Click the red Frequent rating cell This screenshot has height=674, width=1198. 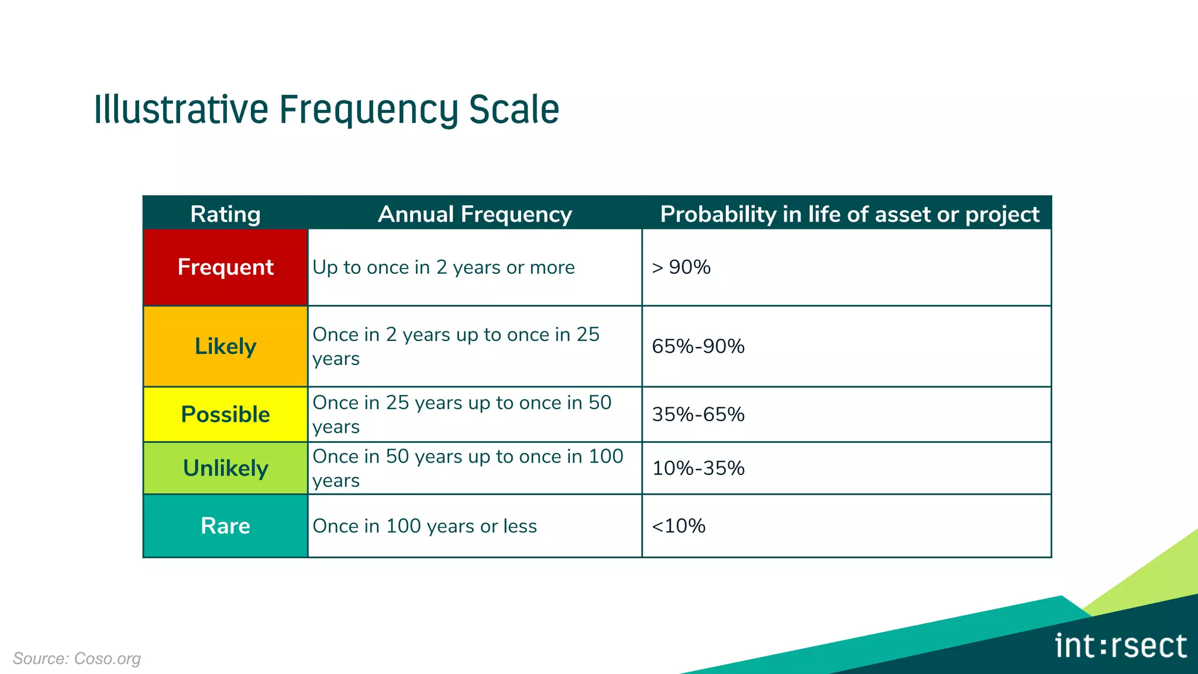point(225,267)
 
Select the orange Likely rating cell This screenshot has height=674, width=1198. point(225,346)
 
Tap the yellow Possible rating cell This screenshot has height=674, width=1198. point(225,414)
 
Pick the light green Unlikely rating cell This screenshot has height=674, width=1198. point(225,468)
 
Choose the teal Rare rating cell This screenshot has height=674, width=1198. point(225,525)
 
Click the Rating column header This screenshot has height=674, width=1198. point(225,214)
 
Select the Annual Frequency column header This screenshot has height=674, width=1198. point(474,214)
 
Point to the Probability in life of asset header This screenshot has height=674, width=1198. point(849,214)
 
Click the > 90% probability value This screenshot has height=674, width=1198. point(681,267)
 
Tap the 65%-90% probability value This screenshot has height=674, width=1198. point(698,346)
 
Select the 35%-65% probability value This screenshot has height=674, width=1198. point(698,414)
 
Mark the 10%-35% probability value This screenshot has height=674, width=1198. point(698,468)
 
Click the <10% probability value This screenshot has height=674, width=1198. point(679,525)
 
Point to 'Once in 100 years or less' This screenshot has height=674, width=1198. point(425,526)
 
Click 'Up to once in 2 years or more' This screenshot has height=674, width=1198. point(443,267)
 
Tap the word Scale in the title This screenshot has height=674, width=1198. point(514,110)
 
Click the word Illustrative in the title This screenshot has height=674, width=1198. point(181,110)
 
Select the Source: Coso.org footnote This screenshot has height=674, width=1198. point(77,658)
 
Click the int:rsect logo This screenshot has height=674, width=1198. point(1121,646)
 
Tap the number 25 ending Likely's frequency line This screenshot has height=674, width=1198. point(588,335)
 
